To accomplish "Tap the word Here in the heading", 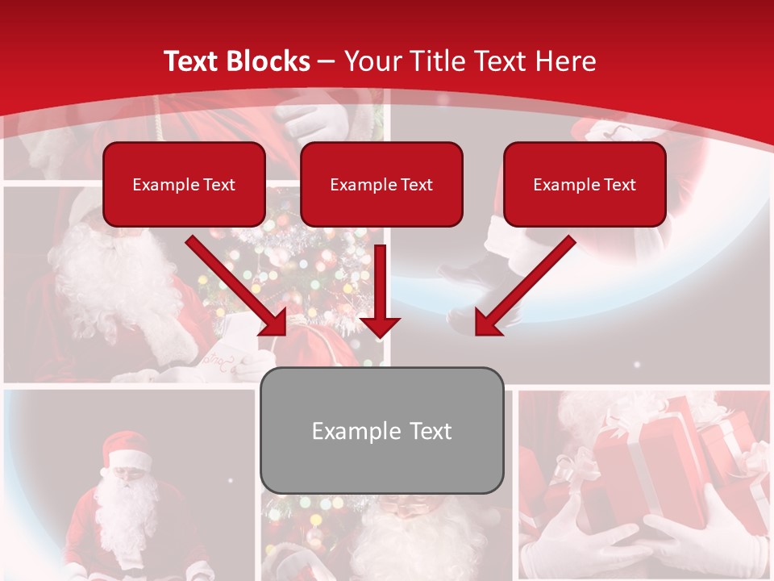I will point(563,61).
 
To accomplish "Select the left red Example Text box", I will point(184,184).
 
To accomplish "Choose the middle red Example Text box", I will point(381,184).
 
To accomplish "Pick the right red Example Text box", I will point(585,184).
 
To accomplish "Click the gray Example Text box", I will point(381,430).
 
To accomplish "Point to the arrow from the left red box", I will point(238,286).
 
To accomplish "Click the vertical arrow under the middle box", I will point(380,290).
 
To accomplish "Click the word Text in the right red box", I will point(619,185).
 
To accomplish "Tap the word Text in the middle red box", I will point(416,185).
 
